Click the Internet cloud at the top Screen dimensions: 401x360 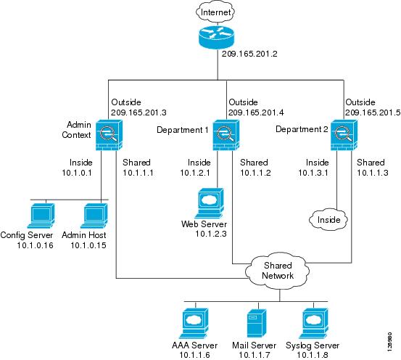point(215,12)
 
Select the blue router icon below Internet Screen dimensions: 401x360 point(216,37)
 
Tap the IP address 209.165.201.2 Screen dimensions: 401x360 point(249,54)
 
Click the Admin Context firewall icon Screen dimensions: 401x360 point(109,135)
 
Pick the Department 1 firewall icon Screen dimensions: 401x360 point(226,135)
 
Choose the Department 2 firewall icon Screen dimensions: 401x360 point(344,135)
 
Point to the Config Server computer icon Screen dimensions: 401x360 point(41,216)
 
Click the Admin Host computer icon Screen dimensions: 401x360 point(94,216)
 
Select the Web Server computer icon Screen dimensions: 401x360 point(210,203)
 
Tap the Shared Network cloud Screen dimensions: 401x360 point(277,271)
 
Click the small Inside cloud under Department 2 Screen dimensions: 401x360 point(328,219)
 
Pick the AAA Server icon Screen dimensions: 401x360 point(194,323)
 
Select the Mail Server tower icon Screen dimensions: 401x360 point(257,323)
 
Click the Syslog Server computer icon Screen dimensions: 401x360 point(313,323)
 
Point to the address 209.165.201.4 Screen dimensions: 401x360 point(256,112)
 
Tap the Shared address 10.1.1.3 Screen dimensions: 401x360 point(373,173)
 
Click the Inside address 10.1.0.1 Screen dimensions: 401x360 point(77,173)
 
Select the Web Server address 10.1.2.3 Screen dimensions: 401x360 point(211,234)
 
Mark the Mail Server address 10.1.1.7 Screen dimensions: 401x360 point(255,355)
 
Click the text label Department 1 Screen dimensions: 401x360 point(183,130)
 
